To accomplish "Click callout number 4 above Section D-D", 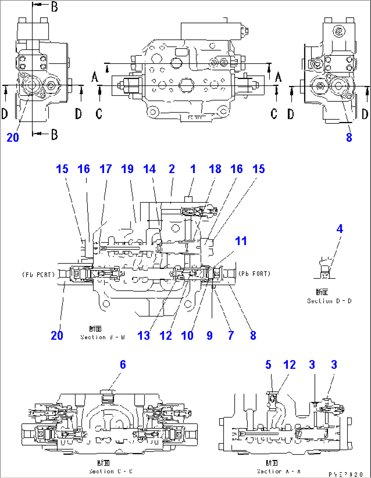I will coord(339,229).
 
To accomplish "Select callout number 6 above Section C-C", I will coord(123,365).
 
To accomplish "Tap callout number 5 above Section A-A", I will coord(268,365).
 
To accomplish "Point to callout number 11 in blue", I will coord(241,241).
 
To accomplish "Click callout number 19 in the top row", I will coord(128,169).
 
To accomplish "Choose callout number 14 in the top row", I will coord(149,169).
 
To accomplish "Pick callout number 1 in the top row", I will coord(193,169).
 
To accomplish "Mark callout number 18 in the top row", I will coord(215,169).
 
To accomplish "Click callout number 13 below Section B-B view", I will coord(143,336).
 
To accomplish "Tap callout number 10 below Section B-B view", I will coord(187,336).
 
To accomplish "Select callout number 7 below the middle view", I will coord(231,336).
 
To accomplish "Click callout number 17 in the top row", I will coord(106,169).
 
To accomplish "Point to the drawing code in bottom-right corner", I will coord(346,474).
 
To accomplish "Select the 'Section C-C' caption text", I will coord(111,472).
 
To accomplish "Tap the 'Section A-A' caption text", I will coord(279,472).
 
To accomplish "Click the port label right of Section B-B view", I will coord(255,274).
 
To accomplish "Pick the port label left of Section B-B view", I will coord(38,274).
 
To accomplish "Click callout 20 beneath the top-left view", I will coord(13,138).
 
